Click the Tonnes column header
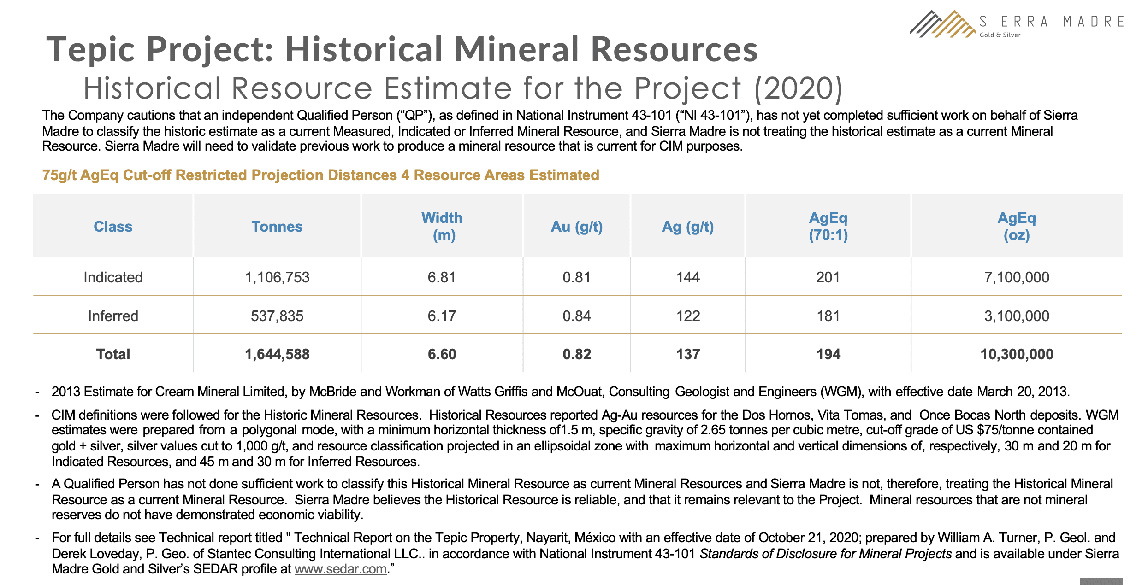click(277, 227)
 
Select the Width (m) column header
click(442, 226)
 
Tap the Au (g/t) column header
click(577, 227)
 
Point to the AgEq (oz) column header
click(1017, 226)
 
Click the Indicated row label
click(113, 277)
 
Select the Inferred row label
click(113, 316)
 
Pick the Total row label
click(113, 354)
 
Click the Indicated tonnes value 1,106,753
click(277, 277)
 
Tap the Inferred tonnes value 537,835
click(277, 316)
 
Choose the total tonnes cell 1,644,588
click(277, 354)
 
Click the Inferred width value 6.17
click(442, 316)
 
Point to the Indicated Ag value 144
click(688, 277)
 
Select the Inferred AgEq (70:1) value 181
click(828, 316)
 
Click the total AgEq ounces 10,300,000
click(1017, 354)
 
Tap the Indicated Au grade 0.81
click(576, 277)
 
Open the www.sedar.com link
click(340, 569)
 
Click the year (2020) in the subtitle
click(799, 88)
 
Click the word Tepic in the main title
click(90, 50)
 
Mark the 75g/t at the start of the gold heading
click(59, 175)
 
